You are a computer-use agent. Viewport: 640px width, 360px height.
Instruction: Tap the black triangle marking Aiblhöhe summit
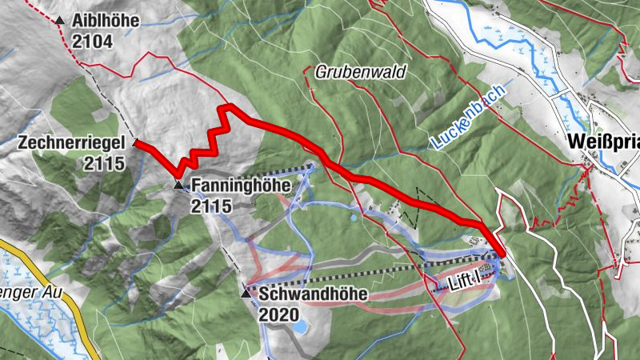click(60, 21)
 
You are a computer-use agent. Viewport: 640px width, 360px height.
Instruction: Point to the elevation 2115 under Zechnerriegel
click(104, 163)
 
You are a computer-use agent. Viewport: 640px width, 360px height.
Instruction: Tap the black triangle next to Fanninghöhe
click(178, 186)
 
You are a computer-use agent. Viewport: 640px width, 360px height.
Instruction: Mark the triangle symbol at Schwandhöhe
click(246, 294)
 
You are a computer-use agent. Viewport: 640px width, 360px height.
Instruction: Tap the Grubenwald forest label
click(360, 72)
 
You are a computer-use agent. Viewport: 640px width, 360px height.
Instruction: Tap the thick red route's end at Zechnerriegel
click(138, 144)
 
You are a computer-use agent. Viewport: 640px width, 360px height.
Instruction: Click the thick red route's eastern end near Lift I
click(502, 254)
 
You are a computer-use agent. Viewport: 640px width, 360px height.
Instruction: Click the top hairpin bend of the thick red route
click(228, 106)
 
